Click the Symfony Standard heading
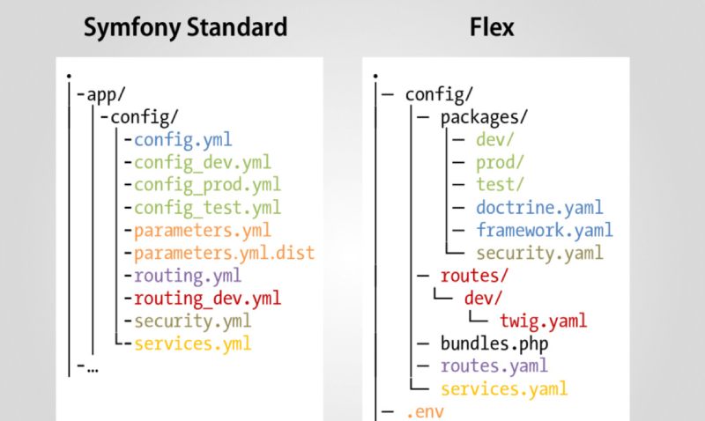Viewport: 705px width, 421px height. (185, 27)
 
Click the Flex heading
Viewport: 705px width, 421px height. (492, 27)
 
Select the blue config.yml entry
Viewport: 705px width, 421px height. (183, 139)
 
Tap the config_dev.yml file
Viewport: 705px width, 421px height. (203, 162)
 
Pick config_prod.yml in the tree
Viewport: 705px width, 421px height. (207, 185)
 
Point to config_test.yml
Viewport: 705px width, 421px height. (207, 208)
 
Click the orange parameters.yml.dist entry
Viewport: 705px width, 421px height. (224, 254)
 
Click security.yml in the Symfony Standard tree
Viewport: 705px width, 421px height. (192, 321)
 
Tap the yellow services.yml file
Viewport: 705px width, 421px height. (192, 343)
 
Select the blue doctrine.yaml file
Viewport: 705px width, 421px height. (539, 208)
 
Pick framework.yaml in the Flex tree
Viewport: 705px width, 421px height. (544, 231)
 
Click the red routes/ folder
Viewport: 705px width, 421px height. (477, 276)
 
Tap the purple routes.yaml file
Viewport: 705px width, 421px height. (494, 366)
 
